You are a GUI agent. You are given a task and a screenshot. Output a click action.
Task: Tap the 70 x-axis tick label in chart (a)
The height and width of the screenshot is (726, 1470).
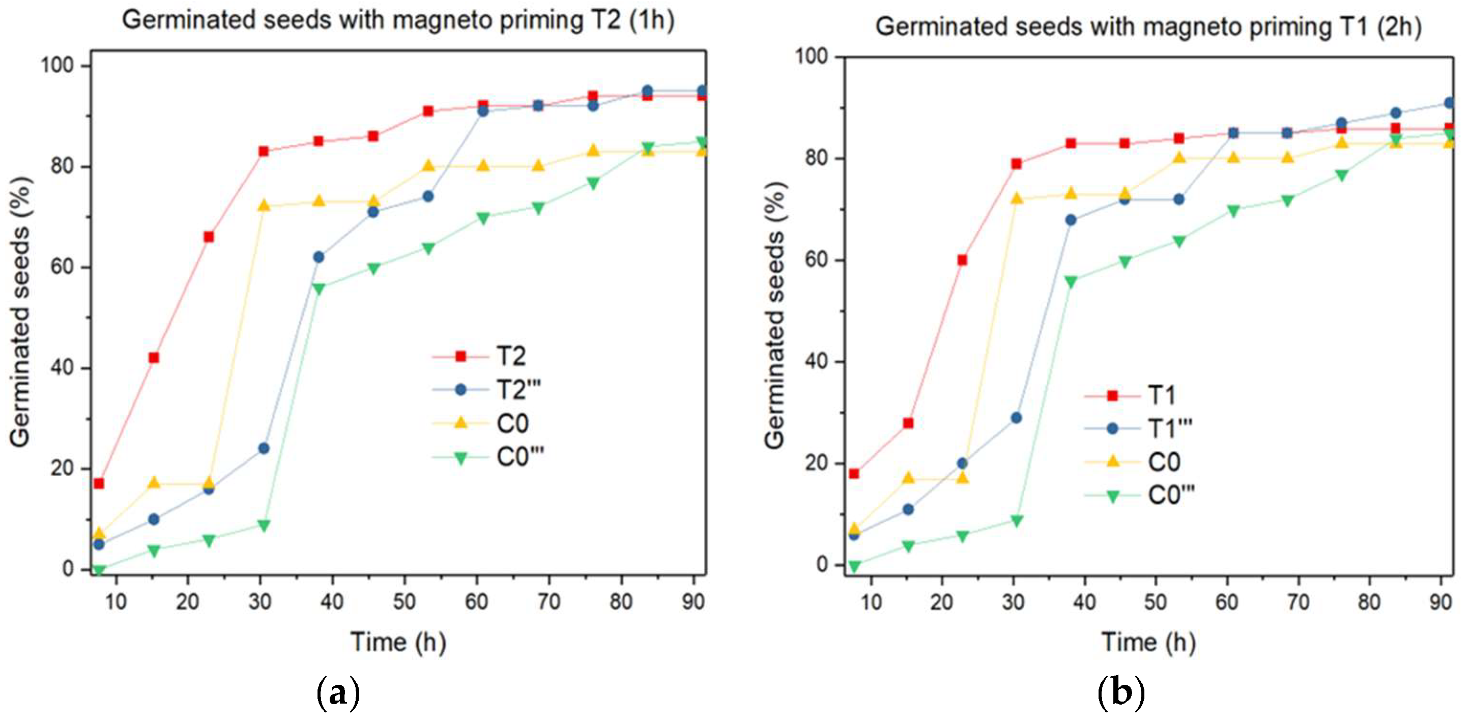tap(549, 601)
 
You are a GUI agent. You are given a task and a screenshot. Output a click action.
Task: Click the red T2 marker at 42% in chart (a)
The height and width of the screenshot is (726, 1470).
tap(154, 358)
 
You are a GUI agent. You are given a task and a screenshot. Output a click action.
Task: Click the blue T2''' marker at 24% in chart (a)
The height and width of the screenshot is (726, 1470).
tap(263, 449)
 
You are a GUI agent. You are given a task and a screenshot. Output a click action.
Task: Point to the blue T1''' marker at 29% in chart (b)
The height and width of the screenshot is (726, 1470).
tap(1016, 418)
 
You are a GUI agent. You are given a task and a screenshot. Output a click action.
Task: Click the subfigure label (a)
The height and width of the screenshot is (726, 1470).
tap(338, 692)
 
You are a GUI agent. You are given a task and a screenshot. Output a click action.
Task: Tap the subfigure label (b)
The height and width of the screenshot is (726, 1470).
tap(1121, 692)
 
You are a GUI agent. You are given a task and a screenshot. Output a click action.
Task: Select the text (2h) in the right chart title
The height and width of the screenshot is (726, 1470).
tap(1398, 27)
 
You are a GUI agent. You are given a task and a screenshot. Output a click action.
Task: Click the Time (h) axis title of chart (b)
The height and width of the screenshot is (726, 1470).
tap(1148, 642)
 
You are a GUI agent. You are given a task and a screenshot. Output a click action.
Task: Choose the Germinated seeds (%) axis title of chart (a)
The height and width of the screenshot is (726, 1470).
tap(20, 311)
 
